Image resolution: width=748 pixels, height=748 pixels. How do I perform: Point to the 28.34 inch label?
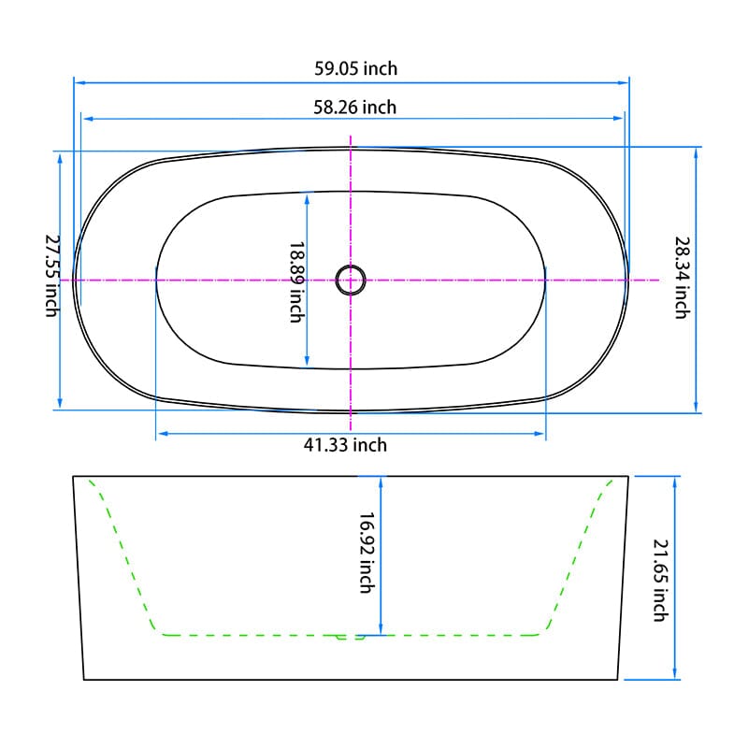click(682, 277)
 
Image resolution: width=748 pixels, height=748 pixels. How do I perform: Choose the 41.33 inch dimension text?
click(345, 445)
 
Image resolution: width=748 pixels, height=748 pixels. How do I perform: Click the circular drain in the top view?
click(351, 280)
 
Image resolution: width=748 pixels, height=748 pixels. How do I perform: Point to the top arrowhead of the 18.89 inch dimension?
click(307, 196)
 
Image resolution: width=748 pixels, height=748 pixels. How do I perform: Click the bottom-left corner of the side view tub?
click(84, 680)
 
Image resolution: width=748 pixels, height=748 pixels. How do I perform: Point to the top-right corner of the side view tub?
click(628, 476)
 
